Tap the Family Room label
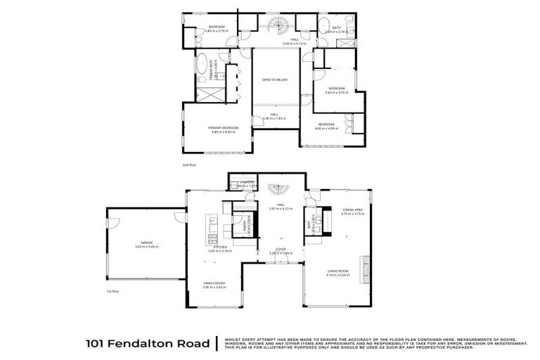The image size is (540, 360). click(x=213, y=282)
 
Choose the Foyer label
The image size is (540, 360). click(x=280, y=248)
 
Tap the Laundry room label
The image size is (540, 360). click(x=245, y=182)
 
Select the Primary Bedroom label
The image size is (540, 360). click(x=224, y=127)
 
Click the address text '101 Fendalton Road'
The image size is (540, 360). click(x=147, y=344)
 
